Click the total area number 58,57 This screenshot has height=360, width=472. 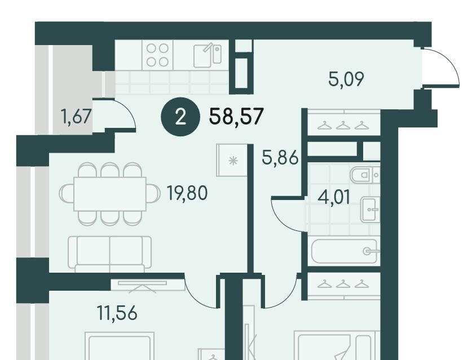236,117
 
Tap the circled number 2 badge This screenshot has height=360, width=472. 180,117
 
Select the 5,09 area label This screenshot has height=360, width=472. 346,79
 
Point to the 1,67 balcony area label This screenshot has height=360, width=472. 76,117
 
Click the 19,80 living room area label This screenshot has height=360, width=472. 187,193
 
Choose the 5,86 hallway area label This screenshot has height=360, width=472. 280,158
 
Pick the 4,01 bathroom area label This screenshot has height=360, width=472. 334,198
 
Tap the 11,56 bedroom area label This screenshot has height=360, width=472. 117,313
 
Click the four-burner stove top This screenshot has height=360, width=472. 157,55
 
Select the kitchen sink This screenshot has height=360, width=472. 208,56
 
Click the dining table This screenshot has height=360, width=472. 110,194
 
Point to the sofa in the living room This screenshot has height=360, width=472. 109,252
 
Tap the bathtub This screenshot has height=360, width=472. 344,251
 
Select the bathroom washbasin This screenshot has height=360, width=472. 370,210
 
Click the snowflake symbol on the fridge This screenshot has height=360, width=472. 233,161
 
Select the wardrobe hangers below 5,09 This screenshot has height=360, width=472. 343,125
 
